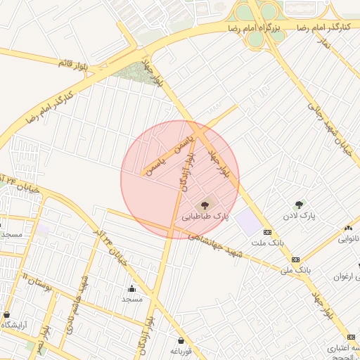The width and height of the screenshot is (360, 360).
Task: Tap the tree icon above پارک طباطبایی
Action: (205, 205)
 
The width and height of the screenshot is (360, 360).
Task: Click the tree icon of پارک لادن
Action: (300, 205)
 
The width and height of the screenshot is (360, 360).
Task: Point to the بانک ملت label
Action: (267, 243)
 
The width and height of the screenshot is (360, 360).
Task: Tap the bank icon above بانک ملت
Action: (267, 232)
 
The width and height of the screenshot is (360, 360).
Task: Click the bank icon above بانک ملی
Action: (295, 259)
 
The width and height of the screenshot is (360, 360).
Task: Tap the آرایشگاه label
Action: (15, 324)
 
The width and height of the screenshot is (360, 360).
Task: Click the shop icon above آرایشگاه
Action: (7, 314)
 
